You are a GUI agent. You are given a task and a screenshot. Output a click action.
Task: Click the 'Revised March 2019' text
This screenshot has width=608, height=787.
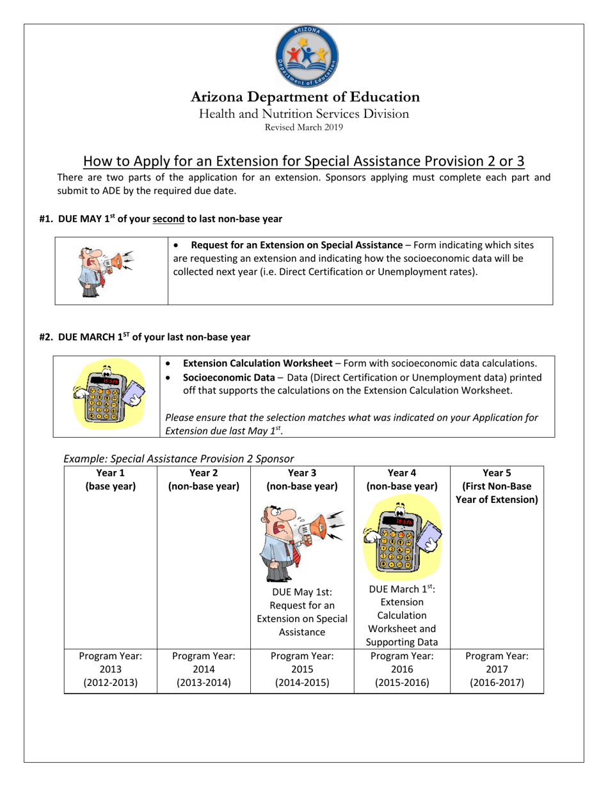(x=304, y=127)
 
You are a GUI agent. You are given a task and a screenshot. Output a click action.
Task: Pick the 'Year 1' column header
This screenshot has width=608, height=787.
(x=110, y=473)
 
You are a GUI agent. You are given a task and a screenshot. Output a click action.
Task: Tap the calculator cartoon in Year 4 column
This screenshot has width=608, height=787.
(x=403, y=536)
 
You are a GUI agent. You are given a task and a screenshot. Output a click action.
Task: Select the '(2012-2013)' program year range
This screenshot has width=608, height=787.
(x=110, y=682)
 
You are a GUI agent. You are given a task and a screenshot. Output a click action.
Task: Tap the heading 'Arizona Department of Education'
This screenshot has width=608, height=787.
(x=305, y=97)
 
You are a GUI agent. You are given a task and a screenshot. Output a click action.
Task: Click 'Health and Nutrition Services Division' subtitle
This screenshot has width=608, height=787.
(x=304, y=114)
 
